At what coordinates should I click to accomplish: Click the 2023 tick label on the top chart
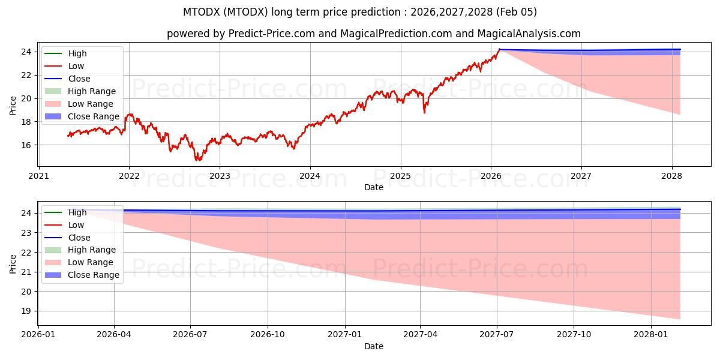click(219, 176)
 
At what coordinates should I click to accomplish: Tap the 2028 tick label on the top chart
click(671, 176)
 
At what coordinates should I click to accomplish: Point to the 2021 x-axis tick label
click(38, 176)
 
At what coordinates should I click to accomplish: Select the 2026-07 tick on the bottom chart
click(190, 335)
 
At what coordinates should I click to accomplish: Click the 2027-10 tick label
click(574, 335)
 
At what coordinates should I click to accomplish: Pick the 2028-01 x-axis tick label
click(651, 335)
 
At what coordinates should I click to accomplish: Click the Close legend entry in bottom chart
click(79, 238)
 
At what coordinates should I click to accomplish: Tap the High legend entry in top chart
click(77, 53)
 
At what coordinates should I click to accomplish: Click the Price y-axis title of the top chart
click(13, 106)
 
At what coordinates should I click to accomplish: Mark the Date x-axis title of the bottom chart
click(374, 346)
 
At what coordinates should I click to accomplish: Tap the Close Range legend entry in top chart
click(94, 116)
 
